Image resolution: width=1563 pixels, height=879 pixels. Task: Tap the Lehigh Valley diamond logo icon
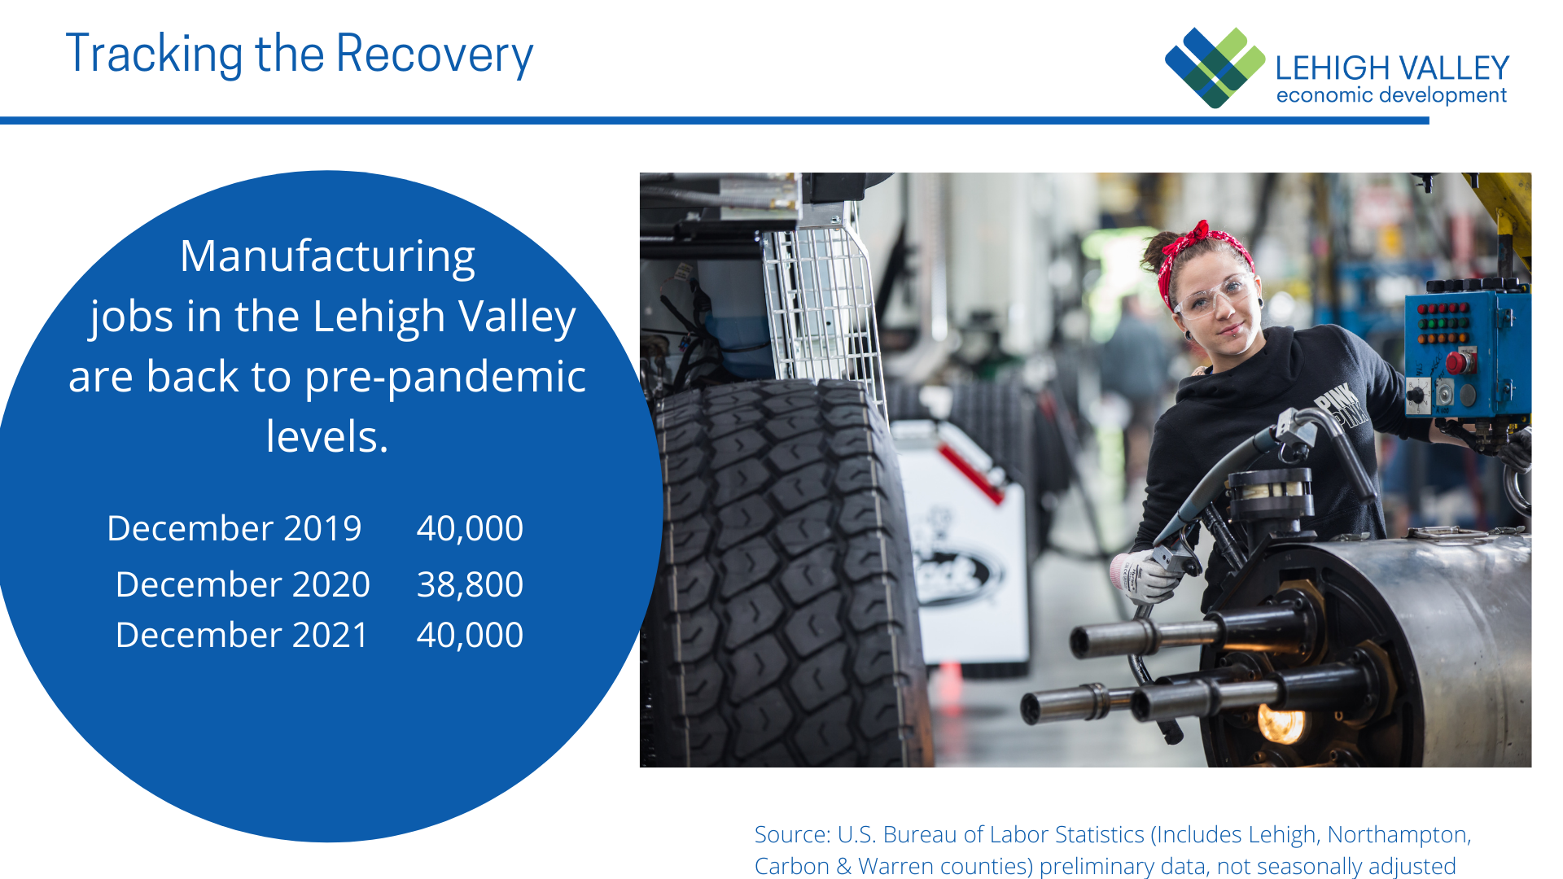coord(1215,68)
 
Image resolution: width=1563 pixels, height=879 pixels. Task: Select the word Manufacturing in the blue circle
coord(327,257)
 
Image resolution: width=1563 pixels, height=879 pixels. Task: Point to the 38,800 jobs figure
coord(470,584)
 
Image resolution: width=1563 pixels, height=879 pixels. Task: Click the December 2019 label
coord(234,528)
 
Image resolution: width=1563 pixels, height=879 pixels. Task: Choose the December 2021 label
coord(242,635)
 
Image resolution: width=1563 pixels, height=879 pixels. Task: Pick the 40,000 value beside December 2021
coord(470,635)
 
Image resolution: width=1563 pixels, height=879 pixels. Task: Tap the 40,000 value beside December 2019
coord(470,528)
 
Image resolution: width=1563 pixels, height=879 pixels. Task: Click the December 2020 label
coord(243,584)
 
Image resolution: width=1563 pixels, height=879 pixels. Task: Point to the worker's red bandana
coord(1197,252)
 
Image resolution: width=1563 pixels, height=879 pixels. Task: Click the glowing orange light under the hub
coord(1281,723)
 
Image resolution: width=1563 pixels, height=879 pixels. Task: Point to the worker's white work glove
coord(1145,575)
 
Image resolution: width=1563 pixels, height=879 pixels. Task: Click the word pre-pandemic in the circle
coord(445,378)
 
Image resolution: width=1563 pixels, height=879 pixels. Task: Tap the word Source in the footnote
coord(792,835)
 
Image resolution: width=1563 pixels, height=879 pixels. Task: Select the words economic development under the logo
coord(1391,95)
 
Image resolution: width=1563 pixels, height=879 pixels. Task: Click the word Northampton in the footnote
coord(1399,836)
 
